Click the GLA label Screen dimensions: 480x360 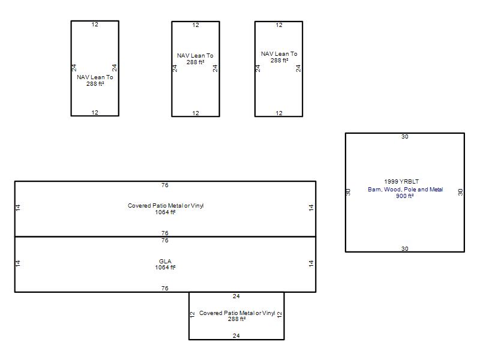[x=165, y=261]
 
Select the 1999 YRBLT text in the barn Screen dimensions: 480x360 [x=401, y=182]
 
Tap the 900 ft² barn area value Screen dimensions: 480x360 [x=404, y=196]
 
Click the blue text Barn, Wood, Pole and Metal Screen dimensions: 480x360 [x=406, y=190]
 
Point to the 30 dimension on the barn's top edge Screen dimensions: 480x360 [x=404, y=137]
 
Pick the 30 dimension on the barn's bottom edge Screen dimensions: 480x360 [x=404, y=249]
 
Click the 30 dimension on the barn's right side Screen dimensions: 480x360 [x=460, y=192]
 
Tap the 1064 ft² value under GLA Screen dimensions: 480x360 [x=165, y=267]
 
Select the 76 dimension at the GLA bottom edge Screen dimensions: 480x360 [x=164, y=289]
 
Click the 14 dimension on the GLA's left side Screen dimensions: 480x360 [x=18, y=263]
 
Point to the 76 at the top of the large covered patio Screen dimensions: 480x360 [x=164, y=185]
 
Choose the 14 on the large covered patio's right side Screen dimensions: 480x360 [x=311, y=208]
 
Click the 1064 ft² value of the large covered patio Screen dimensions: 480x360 [x=165, y=212]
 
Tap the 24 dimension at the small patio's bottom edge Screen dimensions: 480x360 [x=236, y=336]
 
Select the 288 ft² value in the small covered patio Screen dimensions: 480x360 [x=236, y=319]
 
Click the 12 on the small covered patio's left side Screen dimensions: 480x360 [x=192, y=314]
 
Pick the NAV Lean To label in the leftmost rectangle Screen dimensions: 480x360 [x=95, y=77]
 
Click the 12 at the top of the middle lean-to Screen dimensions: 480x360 [x=196, y=25]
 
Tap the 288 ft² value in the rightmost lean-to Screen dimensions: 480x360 [x=279, y=61]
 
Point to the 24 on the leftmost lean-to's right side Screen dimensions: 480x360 [x=114, y=68]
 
